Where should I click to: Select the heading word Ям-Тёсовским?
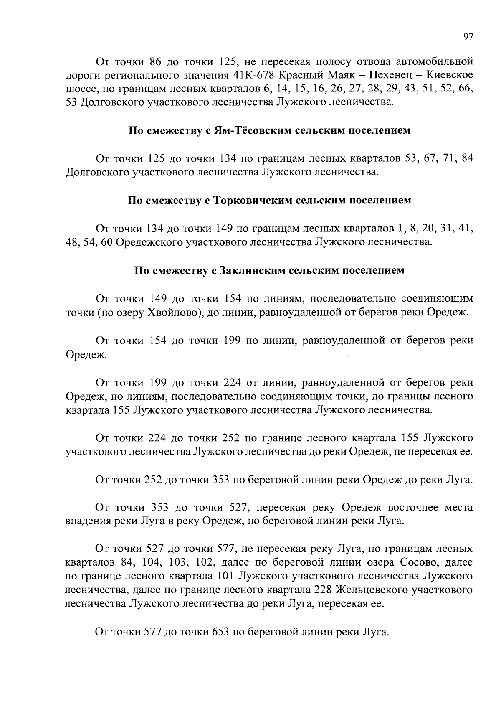tap(246, 130)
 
